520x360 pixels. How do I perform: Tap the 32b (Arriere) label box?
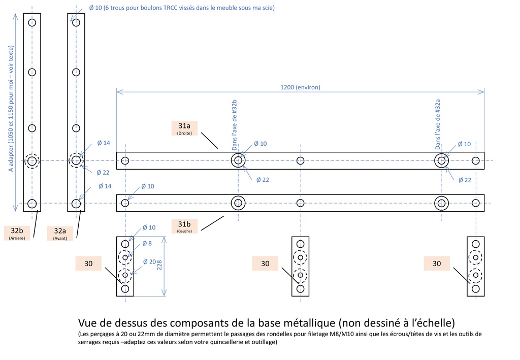coord(17,233)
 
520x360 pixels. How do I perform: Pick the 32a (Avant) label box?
coord(60,233)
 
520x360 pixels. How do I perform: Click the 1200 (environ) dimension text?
coord(300,87)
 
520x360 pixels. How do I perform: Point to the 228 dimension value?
coord(159,266)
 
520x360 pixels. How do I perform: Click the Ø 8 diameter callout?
coord(146,243)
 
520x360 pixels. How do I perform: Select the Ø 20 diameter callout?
coord(149,262)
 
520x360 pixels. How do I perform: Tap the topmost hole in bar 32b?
coord(32,22)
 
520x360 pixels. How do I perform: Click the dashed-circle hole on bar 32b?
coord(32,161)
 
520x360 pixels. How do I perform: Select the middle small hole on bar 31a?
coord(300,161)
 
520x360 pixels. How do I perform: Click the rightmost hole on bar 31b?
coord(475,204)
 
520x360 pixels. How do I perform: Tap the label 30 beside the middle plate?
coord(265,263)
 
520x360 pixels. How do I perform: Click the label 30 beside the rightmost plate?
coord(437,263)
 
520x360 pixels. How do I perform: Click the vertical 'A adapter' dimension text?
coord(11,109)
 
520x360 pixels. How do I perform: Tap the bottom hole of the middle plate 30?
coord(300,288)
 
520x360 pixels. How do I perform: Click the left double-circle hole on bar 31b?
coord(238,204)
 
